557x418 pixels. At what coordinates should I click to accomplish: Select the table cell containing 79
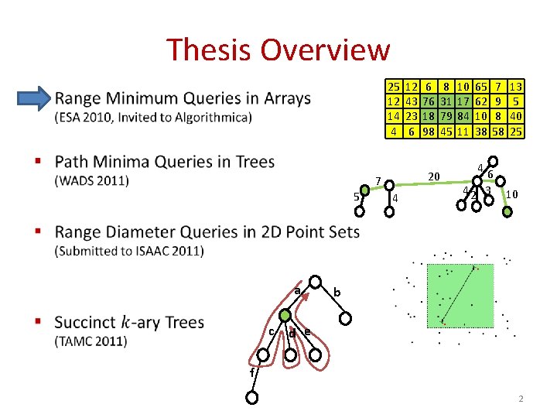[x=446, y=116]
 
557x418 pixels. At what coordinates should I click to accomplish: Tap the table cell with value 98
[x=429, y=132]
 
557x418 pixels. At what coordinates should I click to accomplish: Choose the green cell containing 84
[x=463, y=116]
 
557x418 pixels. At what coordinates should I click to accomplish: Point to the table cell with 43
[x=412, y=101]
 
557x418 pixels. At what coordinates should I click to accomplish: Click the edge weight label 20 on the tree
[x=434, y=176]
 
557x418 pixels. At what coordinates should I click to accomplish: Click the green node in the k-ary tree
[x=285, y=316]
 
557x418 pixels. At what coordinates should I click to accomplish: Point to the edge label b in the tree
[x=337, y=293]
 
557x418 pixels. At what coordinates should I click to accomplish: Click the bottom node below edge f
[x=251, y=399]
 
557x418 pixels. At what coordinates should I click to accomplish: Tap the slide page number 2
[x=521, y=399]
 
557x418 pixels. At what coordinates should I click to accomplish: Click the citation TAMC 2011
[x=91, y=341]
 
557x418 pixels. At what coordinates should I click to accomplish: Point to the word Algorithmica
[x=209, y=118]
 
